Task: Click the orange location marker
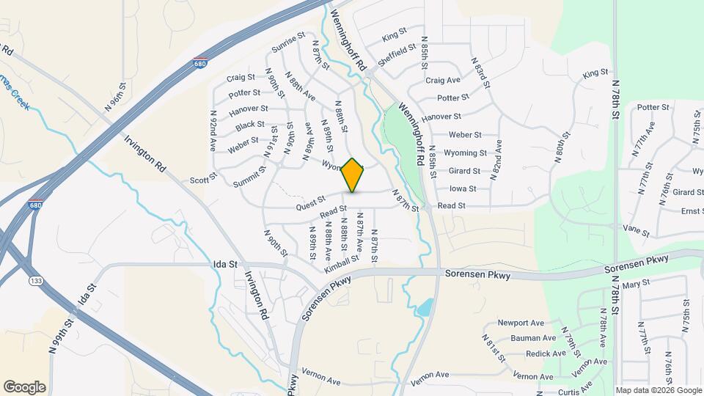pyautogui.click(x=353, y=175)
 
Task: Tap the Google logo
pyautogui.click(x=24, y=386)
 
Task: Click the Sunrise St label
pyautogui.click(x=287, y=44)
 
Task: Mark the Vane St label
pyautogui.click(x=636, y=229)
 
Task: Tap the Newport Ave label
pyautogui.click(x=521, y=323)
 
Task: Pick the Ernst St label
pyautogui.click(x=692, y=211)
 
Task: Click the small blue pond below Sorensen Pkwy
pyautogui.click(x=423, y=307)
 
